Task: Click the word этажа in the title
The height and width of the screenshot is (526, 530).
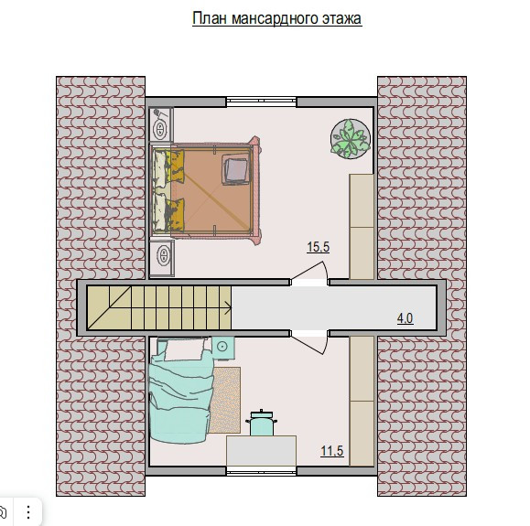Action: point(341,19)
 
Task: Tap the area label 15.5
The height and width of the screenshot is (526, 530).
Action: point(318,247)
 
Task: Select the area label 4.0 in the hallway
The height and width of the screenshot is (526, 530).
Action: point(405,318)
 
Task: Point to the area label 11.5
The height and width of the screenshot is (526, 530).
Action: point(332,451)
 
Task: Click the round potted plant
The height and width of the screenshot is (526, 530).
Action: point(351,138)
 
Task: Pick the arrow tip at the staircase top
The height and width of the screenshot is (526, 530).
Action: point(232,307)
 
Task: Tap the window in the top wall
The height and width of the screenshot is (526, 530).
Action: point(261,102)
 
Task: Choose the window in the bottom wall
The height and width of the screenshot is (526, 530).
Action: point(261,471)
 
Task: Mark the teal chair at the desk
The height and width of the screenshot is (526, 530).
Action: point(261,423)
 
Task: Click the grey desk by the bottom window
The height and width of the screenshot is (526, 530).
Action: point(261,451)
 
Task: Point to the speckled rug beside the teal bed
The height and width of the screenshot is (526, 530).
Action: point(224,400)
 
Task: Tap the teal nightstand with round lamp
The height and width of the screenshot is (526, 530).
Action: point(222,348)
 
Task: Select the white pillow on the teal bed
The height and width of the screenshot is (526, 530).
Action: point(185,349)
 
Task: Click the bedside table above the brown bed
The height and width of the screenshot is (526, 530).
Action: point(161,124)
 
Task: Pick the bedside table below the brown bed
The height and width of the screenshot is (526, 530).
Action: point(162,258)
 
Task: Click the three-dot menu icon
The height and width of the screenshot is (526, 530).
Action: point(28,512)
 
